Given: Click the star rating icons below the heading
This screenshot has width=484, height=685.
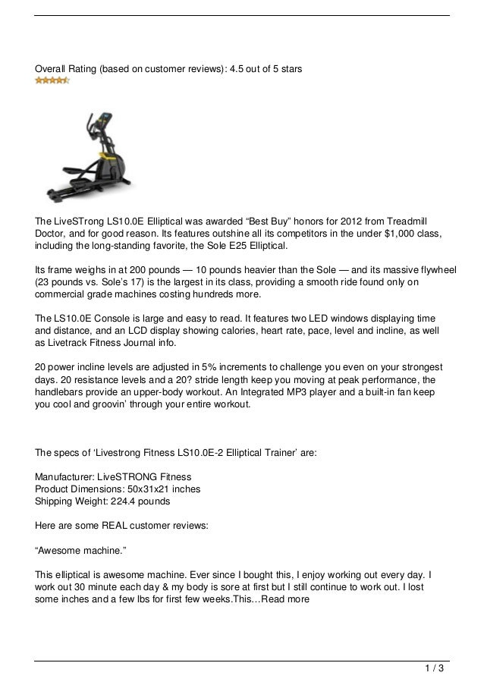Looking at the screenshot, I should (52, 80).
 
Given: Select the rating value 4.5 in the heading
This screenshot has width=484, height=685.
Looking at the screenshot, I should (216, 68).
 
